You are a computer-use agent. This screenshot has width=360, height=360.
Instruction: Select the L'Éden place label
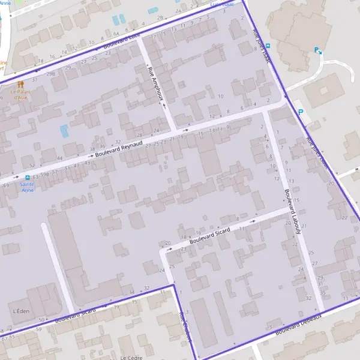[x=20, y=312]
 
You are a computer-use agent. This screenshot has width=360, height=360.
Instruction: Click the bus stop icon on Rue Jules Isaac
[x=268, y=46]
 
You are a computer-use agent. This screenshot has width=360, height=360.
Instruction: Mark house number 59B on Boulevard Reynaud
[x=44, y=174]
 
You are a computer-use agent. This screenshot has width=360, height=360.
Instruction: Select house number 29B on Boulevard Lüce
[x=51, y=73]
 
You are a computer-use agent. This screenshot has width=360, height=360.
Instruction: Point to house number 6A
[x=117, y=30]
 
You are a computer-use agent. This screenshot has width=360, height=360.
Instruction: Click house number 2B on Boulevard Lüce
[x=160, y=17]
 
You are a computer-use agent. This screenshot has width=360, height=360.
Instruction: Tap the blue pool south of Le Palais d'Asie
[x=64, y=131]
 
